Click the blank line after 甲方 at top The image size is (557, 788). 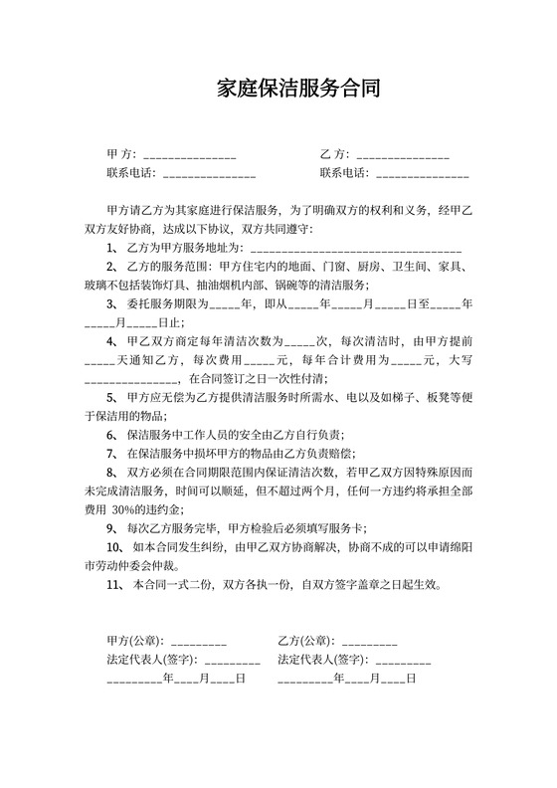click(x=190, y=156)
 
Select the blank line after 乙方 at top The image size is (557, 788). click(x=403, y=156)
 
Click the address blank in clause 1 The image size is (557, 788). click(x=355, y=247)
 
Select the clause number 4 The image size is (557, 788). click(x=111, y=340)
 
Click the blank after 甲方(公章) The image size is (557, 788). click(x=199, y=642)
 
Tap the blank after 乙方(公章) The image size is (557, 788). click(x=369, y=642)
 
